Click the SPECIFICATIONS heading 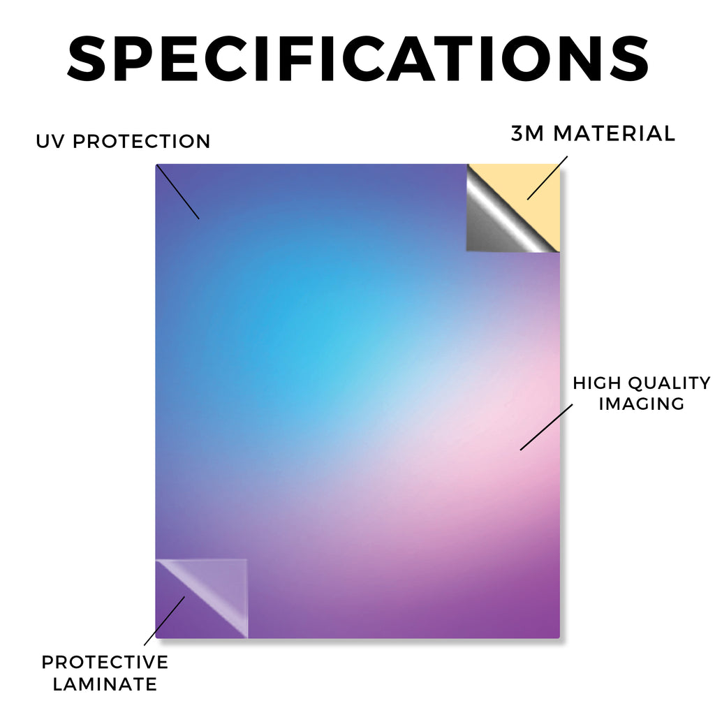click(x=358, y=59)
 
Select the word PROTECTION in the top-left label click(x=141, y=141)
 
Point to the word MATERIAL click(x=614, y=133)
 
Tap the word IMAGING click(x=642, y=404)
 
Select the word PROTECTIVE click(x=105, y=662)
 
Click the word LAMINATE click(x=105, y=684)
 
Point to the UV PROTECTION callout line click(x=178, y=192)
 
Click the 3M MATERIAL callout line click(x=547, y=178)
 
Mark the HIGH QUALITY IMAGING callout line click(x=546, y=427)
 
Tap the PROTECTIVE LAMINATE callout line click(x=164, y=621)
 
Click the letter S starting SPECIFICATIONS click(x=87, y=59)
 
